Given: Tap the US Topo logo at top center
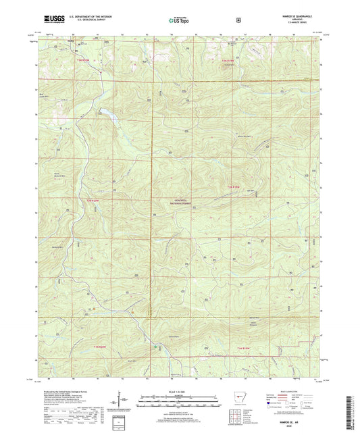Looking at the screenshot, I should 179,20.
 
